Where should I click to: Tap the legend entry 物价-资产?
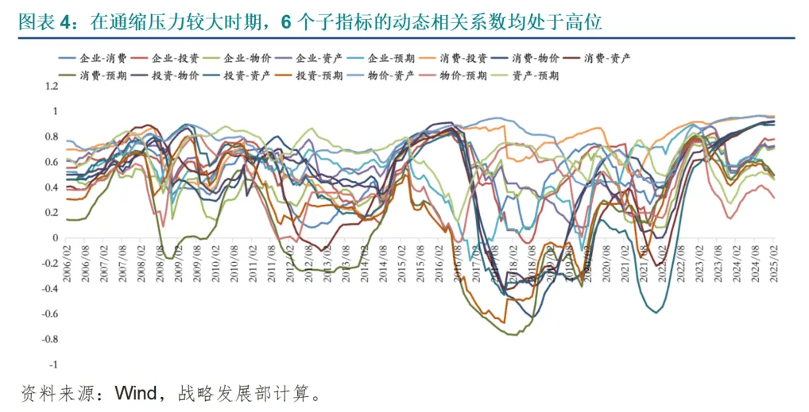click(386, 75)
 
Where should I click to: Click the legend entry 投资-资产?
click(242, 75)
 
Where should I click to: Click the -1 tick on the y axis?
click(53, 364)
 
